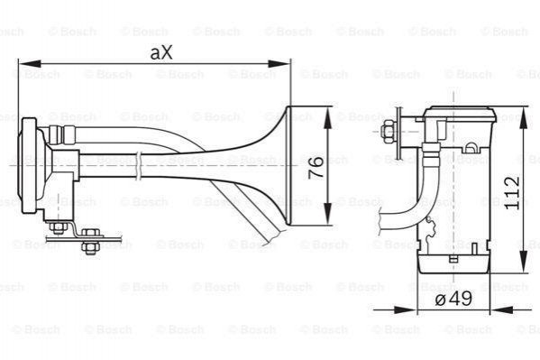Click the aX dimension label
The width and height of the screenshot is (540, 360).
click(161, 52)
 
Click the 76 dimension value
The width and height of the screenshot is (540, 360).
click(316, 167)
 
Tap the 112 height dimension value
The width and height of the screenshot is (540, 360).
click(512, 192)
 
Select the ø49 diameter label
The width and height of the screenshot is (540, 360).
click(453, 298)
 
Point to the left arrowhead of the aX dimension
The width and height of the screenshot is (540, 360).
click(30, 64)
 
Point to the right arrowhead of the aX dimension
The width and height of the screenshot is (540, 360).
click(279, 64)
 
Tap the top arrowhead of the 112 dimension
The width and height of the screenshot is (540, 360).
click(524, 118)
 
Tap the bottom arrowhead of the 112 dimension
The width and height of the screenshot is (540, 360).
click(524, 262)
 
